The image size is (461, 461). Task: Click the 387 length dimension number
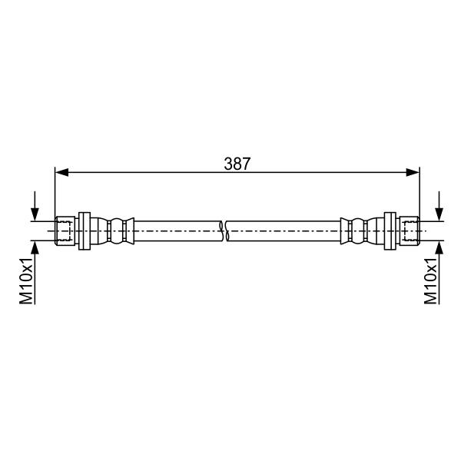pos(237,164)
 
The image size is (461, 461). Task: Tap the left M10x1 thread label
pos(26,280)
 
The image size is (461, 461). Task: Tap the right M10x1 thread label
pos(431,280)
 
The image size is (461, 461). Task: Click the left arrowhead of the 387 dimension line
pos(61,172)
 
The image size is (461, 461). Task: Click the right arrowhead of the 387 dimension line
pos(413,172)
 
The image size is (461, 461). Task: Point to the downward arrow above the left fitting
pos(35,206)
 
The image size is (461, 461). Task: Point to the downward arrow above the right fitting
pos(439,206)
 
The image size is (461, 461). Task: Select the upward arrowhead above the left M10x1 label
pos(35,247)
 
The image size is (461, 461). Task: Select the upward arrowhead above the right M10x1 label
pos(439,247)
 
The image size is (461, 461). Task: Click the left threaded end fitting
pos(65,230)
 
